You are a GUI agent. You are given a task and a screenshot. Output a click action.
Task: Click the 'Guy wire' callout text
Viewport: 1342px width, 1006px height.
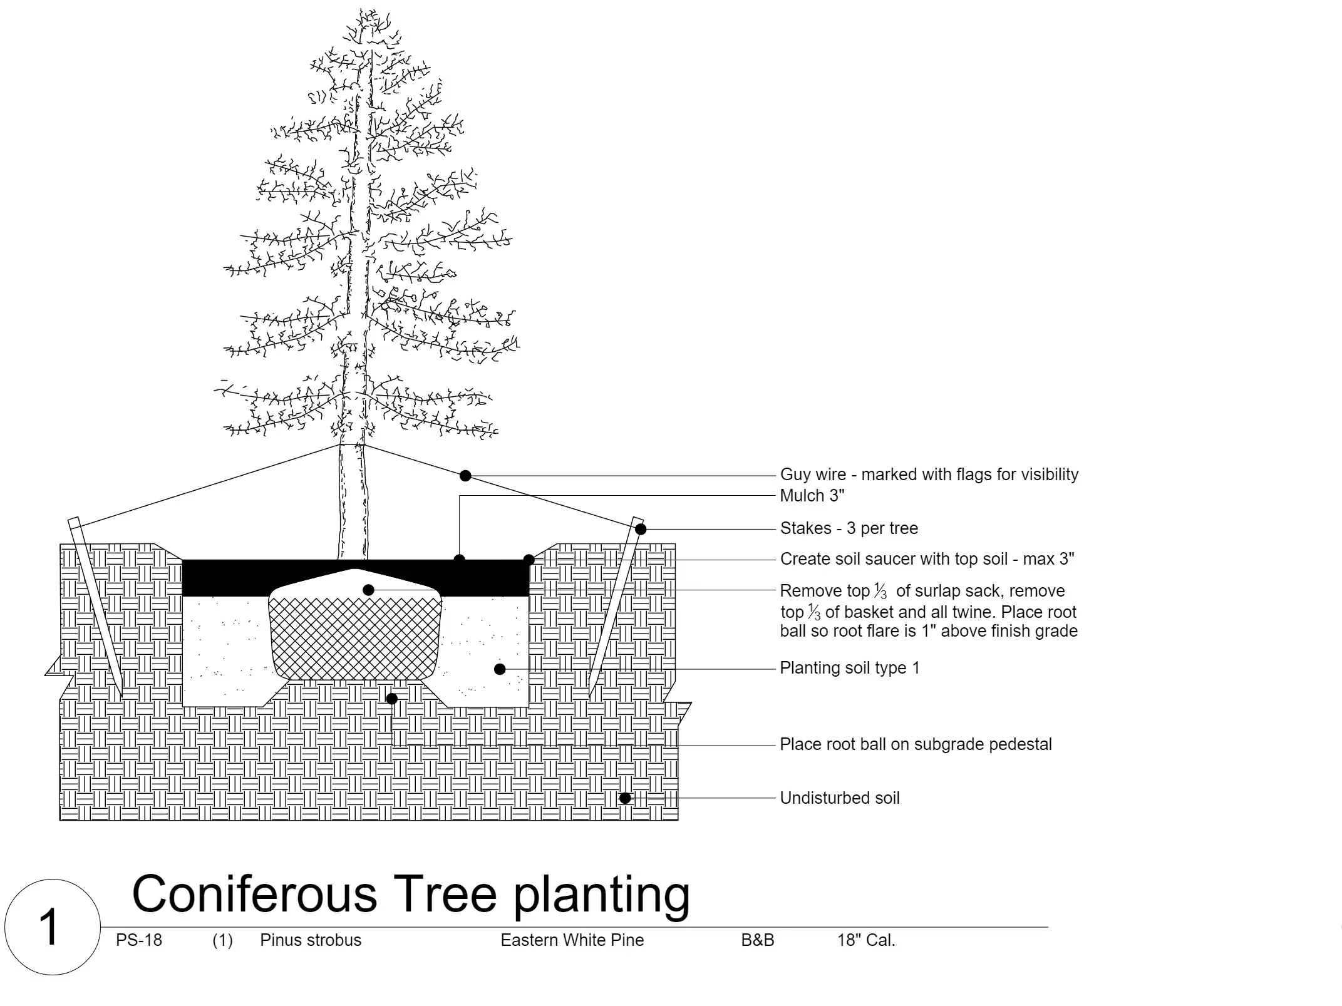pyautogui.click(x=929, y=475)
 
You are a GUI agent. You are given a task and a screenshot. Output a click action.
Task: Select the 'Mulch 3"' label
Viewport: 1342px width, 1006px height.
pyautogui.click(x=812, y=496)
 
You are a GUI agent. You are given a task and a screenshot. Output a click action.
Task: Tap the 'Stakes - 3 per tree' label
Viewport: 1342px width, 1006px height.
pyautogui.click(x=849, y=528)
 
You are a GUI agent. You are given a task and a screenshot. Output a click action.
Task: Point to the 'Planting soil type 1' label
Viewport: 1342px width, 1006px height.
pyautogui.click(x=850, y=668)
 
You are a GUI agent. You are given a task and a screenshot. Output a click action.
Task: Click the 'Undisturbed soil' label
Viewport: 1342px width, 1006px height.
pyautogui.click(x=839, y=798)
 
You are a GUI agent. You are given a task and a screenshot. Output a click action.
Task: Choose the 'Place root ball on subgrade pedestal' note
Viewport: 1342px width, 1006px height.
pyautogui.click(x=916, y=744)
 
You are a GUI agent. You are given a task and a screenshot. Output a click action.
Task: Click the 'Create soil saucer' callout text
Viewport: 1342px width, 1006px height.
pyautogui.click(x=927, y=559)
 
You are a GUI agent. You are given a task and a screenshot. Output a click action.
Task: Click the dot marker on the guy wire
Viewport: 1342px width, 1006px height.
pyautogui.click(x=465, y=476)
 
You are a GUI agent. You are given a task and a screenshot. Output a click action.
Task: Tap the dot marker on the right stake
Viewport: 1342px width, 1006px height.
pyautogui.click(x=641, y=530)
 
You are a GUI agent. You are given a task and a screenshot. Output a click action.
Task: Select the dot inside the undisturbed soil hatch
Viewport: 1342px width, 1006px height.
pyautogui.click(x=625, y=798)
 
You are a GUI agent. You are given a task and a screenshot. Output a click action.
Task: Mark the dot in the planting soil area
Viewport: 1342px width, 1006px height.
pyautogui.click(x=500, y=669)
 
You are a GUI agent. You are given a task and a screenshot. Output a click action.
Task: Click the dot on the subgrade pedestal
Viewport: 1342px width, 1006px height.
pyautogui.click(x=392, y=699)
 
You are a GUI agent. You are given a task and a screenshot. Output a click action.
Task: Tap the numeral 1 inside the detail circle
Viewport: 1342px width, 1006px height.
pyautogui.click(x=49, y=928)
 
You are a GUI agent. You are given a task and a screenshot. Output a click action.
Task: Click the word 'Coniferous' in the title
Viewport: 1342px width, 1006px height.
pyautogui.click(x=254, y=893)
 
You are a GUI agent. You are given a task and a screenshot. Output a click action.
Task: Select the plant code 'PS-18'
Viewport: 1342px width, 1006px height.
pyautogui.click(x=139, y=940)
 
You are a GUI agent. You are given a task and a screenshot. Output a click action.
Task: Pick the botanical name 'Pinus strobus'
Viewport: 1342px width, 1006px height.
pyautogui.click(x=311, y=940)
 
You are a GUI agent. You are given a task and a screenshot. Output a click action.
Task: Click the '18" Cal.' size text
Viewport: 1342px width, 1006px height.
pyautogui.click(x=866, y=940)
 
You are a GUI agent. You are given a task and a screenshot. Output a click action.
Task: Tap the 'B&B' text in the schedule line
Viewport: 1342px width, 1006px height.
pyautogui.click(x=758, y=940)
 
